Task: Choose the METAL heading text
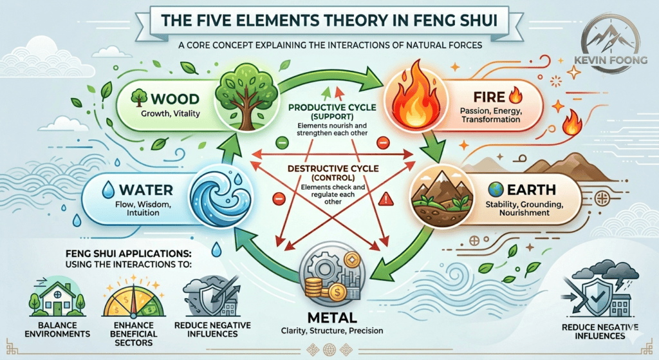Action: pos(329,318)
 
